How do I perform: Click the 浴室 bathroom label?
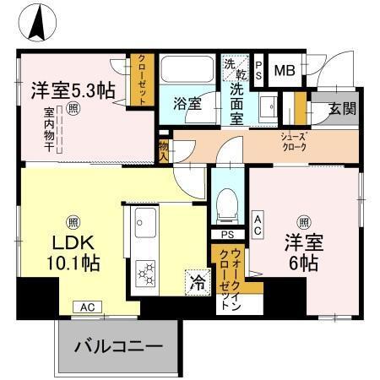click(187, 105)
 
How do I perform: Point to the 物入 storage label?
click(162, 149)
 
